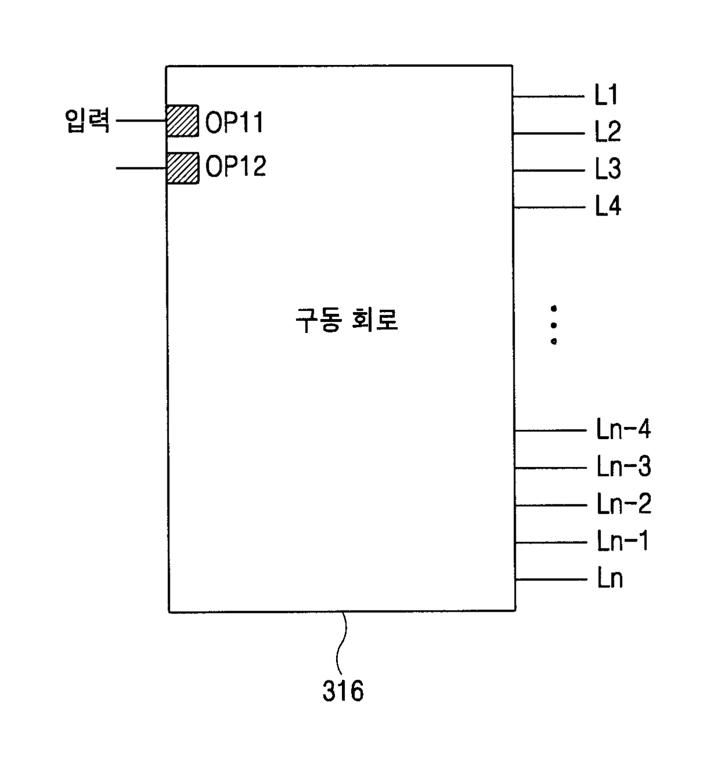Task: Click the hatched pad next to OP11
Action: click(183, 121)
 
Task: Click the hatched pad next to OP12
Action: click(183, 168)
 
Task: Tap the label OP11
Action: click(234, 123)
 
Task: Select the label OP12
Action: click(235, 167)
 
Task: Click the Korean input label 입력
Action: click(87, 121)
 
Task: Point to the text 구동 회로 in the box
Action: click(347, 320)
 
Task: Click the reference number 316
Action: click(343, 691)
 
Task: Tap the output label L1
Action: click(606, 95)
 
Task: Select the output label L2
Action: click(608, 132)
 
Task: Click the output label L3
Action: click(608, 169)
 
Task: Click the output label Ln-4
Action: click(623, 430)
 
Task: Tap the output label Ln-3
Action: click(623, 467)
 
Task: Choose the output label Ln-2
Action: click(623, 504)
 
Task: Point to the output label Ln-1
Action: click(622, 541)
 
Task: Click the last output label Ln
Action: click(609, 579)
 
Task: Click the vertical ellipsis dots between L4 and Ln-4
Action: click(554, 325)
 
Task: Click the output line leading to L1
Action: click(548, 96)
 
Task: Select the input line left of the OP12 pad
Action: click(141, 168)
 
